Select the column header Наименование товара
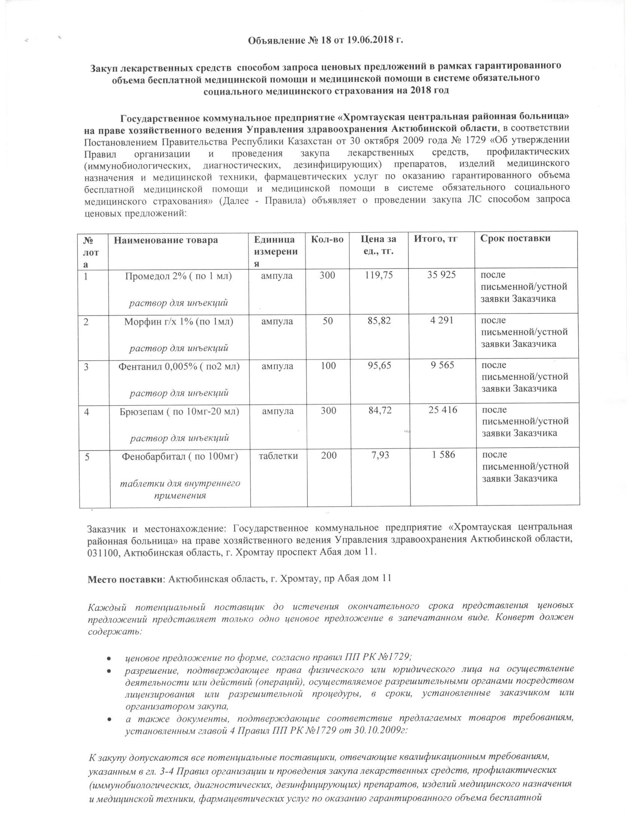(166, 239)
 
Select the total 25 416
(443, 410)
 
